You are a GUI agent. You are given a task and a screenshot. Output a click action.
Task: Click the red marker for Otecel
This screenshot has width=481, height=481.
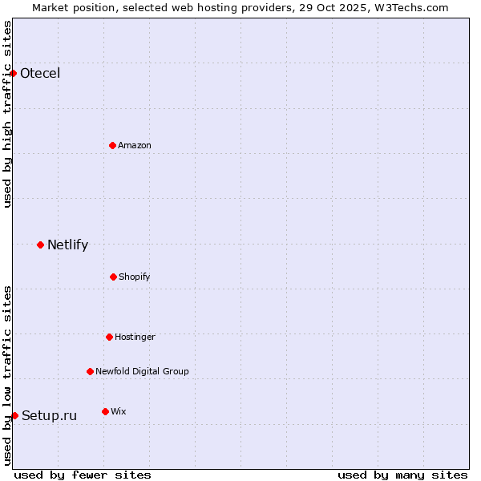click(x=13, y=74)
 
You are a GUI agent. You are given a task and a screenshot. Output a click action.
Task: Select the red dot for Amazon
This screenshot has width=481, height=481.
click(x=112, y=145)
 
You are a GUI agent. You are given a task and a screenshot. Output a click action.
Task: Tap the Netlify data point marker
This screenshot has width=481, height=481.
click(x=40, y=245)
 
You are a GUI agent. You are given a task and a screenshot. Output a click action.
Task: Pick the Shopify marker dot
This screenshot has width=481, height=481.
click(x=113, y=277)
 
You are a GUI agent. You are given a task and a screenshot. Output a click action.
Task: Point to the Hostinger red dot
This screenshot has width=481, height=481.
click(x=109, y=337)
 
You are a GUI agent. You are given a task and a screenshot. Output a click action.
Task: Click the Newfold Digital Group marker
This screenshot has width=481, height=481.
click(x=90, y=371)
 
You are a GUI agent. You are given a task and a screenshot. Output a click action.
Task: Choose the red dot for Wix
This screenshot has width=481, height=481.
click(x=105, y=411)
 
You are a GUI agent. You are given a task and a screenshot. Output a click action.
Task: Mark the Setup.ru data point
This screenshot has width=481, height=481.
click(x=14, y=415)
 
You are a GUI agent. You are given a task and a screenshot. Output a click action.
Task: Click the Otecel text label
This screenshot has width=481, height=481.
click(x=40, y=74)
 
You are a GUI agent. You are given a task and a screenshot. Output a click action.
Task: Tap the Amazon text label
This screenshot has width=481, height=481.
click(x=135, y=145)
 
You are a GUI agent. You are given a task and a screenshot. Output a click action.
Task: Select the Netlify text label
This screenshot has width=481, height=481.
click(x=67, y=245)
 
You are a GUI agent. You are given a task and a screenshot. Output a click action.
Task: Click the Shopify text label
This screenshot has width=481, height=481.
click(x=135, y=277)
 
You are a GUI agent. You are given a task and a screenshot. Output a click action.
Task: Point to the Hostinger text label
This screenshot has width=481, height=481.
click(x=135, y=337)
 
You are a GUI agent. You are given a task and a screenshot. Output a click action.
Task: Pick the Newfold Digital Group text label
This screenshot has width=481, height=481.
click(x=142, y=371)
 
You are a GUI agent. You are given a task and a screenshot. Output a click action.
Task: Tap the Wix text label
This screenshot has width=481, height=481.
click(x=119, y=411)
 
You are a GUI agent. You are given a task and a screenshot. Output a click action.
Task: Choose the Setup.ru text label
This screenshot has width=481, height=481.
click(x=49, y=415)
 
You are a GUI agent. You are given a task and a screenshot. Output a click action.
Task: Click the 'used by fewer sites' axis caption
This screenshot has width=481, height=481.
click(x=83, y=475)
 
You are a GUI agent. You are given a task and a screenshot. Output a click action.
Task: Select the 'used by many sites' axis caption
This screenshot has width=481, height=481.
click(x=402, y=475)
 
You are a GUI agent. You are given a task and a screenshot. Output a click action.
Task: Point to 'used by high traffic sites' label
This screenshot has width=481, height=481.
click(x=7, y=114)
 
